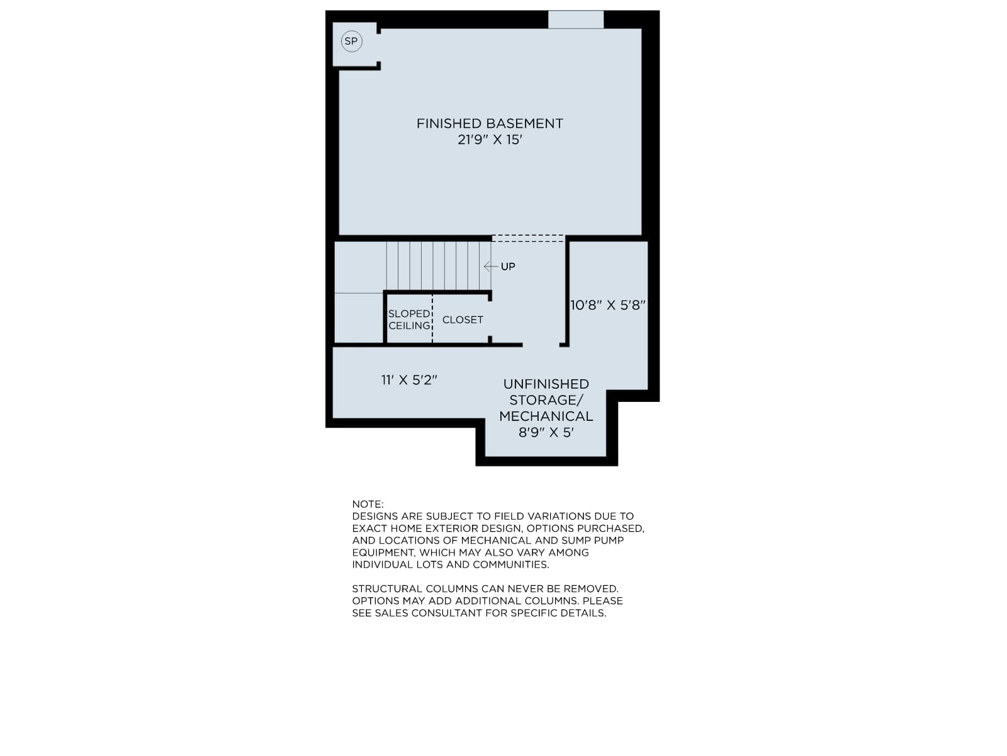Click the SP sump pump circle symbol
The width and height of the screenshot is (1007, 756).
(x=351, y=42)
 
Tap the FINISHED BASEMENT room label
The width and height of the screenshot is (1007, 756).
(x=490, y=123)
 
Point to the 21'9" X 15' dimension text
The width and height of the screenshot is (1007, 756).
(x=490, y=139)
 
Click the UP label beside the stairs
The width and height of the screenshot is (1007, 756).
(x=508, y=266)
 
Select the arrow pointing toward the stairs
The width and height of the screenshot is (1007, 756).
(x=491, y=266)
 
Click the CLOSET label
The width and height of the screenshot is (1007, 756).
(x=463, y=319)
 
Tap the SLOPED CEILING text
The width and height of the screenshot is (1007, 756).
(x=409, y=319)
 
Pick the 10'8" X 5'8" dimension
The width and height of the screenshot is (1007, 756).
(x=607, y=306)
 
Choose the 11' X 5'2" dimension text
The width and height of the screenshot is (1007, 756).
(x=408, y=380)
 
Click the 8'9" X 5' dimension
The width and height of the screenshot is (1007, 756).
(x=546, y=432)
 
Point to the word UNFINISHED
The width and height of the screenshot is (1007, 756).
(x=546, y=384)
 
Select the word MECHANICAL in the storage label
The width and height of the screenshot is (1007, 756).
(x=546, y=416)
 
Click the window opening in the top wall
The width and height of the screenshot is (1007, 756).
(x=576, y=20)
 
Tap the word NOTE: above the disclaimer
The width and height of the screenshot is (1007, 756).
(x=368, y=504)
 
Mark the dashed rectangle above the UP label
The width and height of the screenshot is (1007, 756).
(x=528, y=238)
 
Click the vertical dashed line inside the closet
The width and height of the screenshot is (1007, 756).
(x=432, y=319)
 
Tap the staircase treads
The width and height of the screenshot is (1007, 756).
(x=439, y=266)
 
